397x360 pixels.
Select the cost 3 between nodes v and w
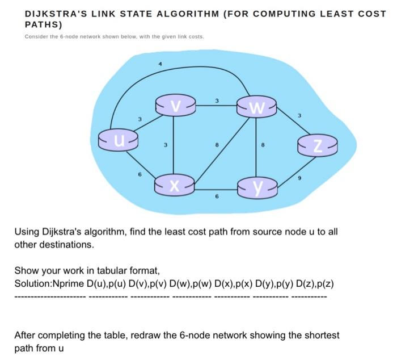tap(217, 101)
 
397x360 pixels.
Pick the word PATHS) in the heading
tap(43, 25)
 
